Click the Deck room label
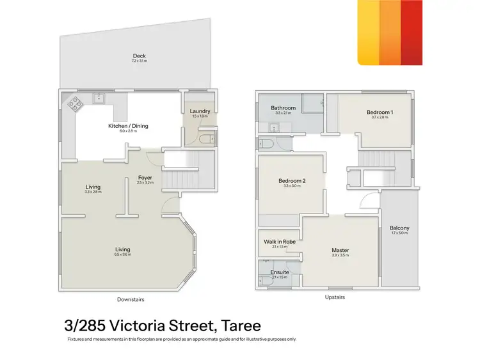click(x=139, y=55)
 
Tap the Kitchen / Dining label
click(x=128, y=126)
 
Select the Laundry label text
click(x=200, y=111)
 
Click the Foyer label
click(x=145, y=178)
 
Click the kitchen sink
click(x=99, y=98)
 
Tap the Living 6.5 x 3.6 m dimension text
click(x=122, y=254)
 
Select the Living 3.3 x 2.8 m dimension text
click(x=93, y=192)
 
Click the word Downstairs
click(x=130, y=299)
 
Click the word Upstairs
click(x=335, y=297)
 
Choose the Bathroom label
click(x=283, y=108)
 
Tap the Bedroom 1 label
click(x=380, y=112)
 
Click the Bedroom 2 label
click(x=292, y=181)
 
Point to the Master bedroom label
click(x=340, y=250)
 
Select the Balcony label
click(x=399, y=228)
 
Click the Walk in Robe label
click(x=278, y=242)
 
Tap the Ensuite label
click(x=280, y=272)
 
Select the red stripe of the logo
click(x=412, y=32)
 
